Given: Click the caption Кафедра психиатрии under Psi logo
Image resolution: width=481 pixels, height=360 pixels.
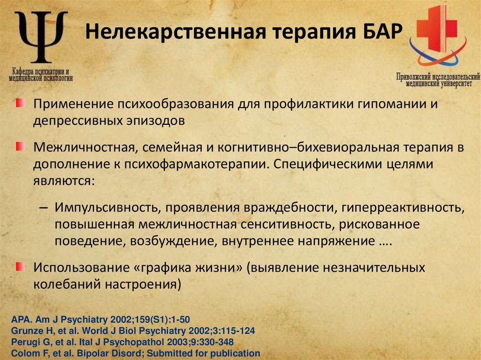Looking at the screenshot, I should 40,70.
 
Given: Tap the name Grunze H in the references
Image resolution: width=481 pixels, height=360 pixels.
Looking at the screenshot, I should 29,330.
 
